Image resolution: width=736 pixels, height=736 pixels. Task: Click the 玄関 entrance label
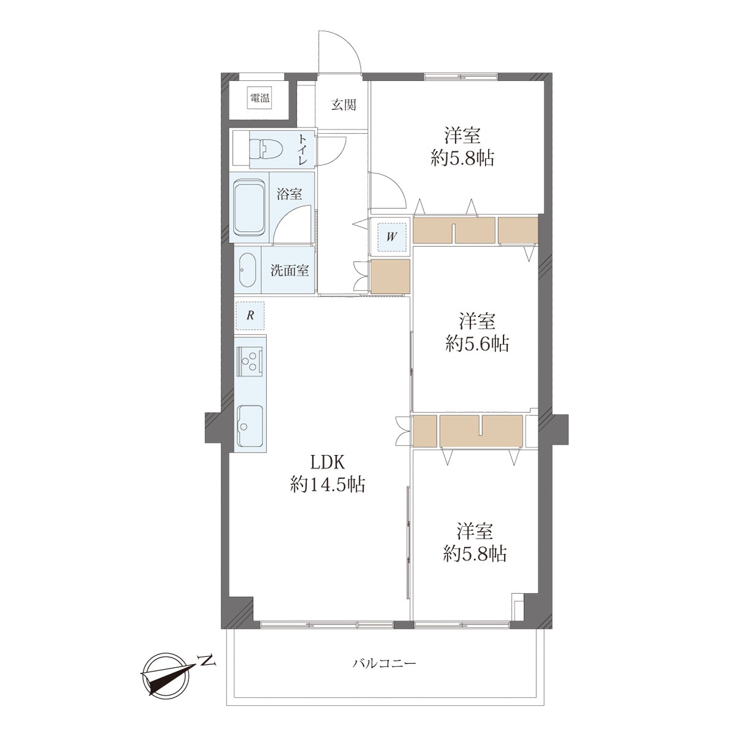pyautogui.click(x=343, y=105)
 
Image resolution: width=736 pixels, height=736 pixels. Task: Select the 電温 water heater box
pyautogui.click(x=260, y=98)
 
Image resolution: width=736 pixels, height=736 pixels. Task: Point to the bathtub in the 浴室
pyautogui.click(x=250, y=208)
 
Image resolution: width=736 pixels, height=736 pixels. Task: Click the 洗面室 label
pyautogui.click(x=289, y=270)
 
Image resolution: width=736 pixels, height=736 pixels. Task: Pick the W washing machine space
pyautogui.click(x=391, y=237)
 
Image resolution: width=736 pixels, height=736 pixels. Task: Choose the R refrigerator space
pyautogui.click(x=250, y=315)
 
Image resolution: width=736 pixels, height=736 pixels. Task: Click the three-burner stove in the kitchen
pyautogui.click(x=250, y=361)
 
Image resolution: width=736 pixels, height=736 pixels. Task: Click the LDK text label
pyautogui.click(x=328, y=463)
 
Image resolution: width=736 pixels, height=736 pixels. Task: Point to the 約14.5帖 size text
pyautogui.click(x=328, y=485)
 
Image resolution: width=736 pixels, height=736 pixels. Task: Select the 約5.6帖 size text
pyautogui.click(x=477, y=344)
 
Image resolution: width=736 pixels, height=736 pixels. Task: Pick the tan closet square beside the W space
pyautogui.click(x=390, y=277)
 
